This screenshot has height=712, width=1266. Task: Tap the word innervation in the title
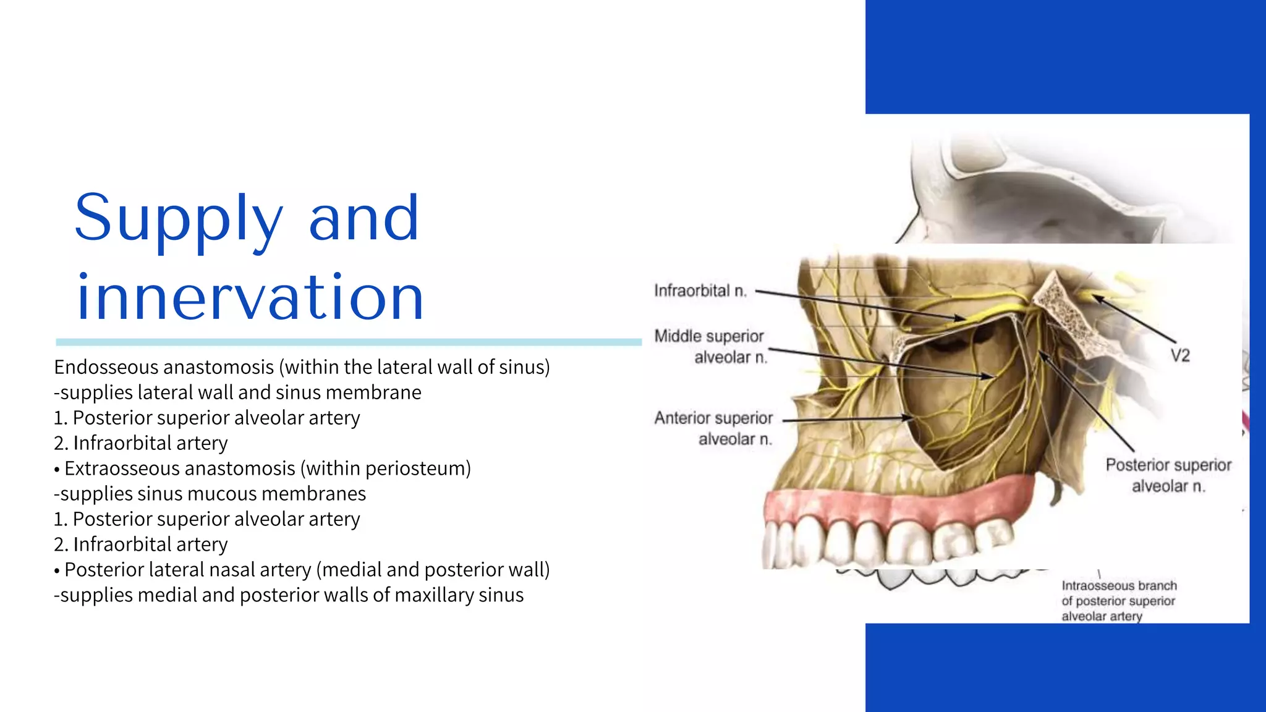click(250, 298)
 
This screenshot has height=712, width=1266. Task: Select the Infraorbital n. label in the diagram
click(700, 290)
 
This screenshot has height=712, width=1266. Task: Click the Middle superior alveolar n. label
click(710, 347)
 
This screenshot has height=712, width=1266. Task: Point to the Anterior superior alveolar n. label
click(714, 428)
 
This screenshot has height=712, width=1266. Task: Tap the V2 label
click(1179, 355)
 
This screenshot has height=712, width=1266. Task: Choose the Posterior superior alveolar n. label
click(1168, 475)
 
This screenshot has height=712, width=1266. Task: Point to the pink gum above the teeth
click(896, 504)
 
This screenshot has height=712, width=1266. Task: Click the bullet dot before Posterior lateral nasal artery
click(57, 571)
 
